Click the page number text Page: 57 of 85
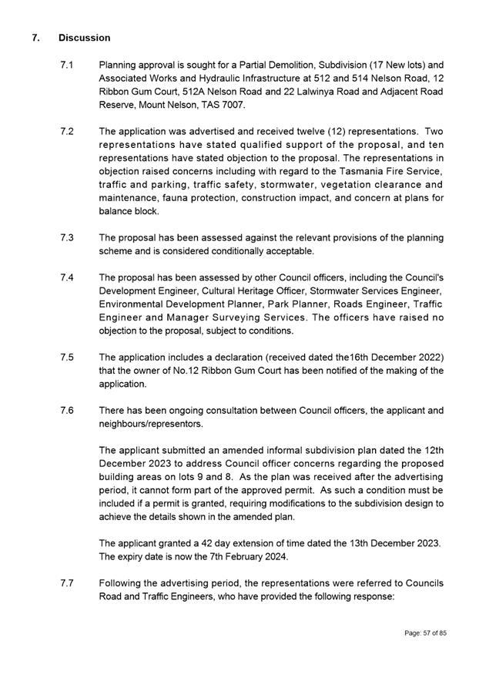pyautogui.click(x=426, y=633)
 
